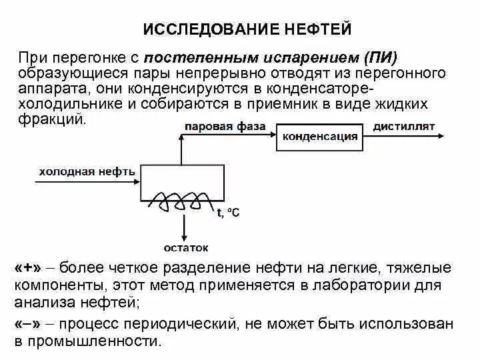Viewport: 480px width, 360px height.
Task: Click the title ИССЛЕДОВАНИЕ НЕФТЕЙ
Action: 247,30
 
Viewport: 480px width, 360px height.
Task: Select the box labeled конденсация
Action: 320,137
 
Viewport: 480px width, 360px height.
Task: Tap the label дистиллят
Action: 404,125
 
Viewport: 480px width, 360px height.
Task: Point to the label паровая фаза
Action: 225,126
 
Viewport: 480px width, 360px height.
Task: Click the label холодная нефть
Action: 87,171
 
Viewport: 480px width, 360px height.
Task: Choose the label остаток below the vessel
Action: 186,248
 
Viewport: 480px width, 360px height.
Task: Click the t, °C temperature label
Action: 228,213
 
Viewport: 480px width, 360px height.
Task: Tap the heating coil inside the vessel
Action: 181,199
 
